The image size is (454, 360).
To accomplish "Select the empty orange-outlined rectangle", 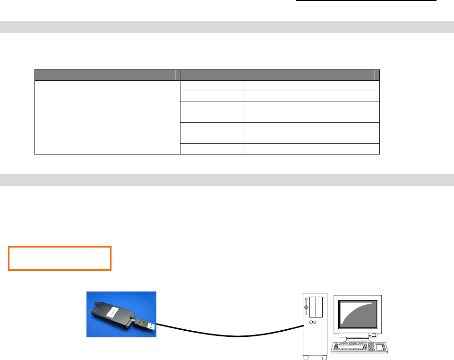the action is pyautogui.click(x=60, y=258).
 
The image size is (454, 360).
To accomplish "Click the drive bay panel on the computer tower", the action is pyautogui.click(x=316, y=308).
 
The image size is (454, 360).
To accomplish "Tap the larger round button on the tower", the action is pyautogui.click(x=311, y=324).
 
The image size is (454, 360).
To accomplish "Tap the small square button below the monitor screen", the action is pyautogui.click(x=373, y=335).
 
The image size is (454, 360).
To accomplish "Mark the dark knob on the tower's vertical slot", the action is pyautogui.click(x=307, y=309).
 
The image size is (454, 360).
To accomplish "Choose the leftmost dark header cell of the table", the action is pyautogui.click(x=108, y=75).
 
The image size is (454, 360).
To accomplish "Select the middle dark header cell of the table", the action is pyautogui.click(x=213, y=75).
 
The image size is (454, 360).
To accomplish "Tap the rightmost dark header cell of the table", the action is pyautogui.click(x=312, y=75).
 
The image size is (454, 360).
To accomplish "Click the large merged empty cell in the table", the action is pyautogui.click(x=108, y=117).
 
